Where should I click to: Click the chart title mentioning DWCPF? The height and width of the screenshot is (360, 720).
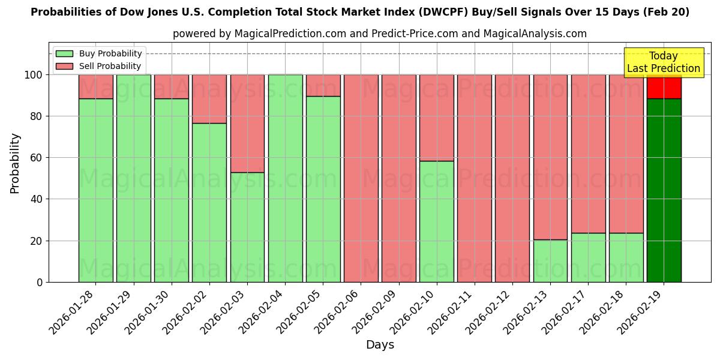pyautogui.click(x=360, y=12)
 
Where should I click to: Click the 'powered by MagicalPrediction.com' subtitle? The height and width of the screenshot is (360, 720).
pyautogui.click(x=380, y=34)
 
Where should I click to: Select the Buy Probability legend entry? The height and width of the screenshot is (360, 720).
pyautogui.click(x=110, y=53)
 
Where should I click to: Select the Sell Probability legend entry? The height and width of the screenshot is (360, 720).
pyautogui.click(x=110, y=66)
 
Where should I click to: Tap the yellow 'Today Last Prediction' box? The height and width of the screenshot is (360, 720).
pyautogui.click(x=664, y=62)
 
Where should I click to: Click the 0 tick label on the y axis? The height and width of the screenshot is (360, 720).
pyautogui.click(x=40, y=282)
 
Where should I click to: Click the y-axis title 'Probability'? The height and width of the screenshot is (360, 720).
pyautogui.click(x=15, y=163)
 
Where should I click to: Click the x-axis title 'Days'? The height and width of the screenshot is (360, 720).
pyautogui.click(x=380, y=345)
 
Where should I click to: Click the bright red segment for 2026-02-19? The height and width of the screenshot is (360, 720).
pyautogui.click(x=664, y=86)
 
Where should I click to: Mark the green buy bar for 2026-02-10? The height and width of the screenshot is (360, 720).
pyautogui.click(x=436, y=221)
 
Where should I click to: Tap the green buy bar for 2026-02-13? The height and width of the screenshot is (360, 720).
pyautogui.click(x=550, y=261)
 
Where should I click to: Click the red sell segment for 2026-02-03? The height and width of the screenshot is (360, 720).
pyautogui.click(x=247, y=124)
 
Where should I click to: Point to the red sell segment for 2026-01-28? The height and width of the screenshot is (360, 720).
pyautogui.click(x=95, y=86)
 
